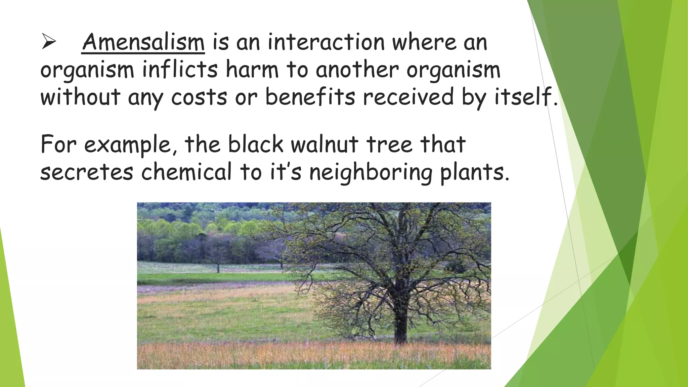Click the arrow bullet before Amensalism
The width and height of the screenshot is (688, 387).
[x=49, y=43]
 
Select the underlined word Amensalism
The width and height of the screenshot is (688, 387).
[x=143, y=43]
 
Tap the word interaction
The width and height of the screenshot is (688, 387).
[x=326, y=43]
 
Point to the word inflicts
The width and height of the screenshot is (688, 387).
[x=180, y=70]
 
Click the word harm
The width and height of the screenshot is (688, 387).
[x=252, y=70]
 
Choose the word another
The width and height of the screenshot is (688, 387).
[x=357, y=70]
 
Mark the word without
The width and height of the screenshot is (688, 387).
[x=80, y=97]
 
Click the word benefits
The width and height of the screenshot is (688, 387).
[x=310, y=97]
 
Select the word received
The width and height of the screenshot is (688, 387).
[x=408, y=97]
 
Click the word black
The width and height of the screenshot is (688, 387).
[x=256, y=144]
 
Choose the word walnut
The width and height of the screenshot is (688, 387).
[x=325, y=144]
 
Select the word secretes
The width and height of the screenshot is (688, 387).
[x=87, y=172]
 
